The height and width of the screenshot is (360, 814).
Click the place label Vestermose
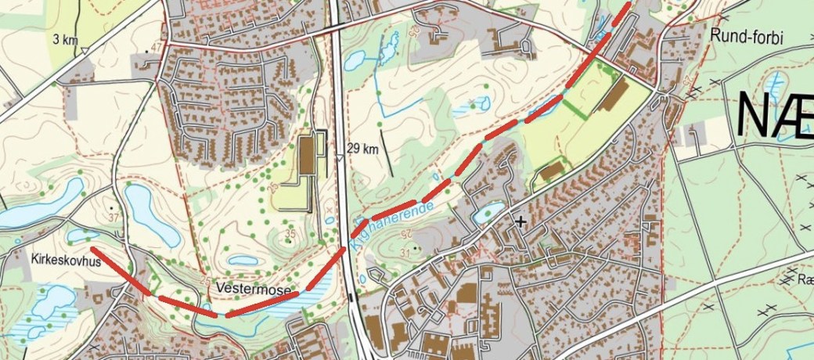coord(253,290)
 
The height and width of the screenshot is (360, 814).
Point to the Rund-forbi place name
coord(747,36)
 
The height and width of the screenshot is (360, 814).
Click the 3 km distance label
coord(67,38)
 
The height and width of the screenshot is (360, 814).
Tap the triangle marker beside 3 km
coord(84,51)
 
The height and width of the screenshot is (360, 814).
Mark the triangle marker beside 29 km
coord(338,159)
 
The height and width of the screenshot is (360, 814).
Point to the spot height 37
coord(113,217)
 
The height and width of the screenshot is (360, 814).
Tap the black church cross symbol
coord(520,221)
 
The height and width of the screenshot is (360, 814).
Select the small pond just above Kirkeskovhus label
coord(82,235)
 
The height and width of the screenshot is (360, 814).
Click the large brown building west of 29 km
coord(306,157)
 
